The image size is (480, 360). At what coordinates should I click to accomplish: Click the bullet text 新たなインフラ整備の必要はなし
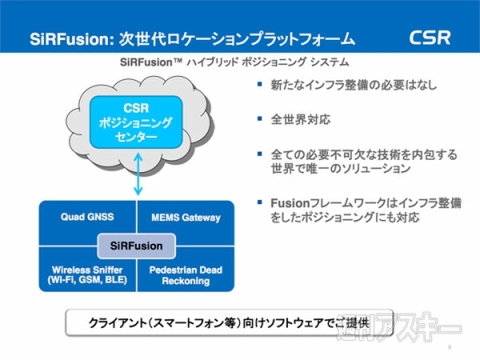coord(335,93)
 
